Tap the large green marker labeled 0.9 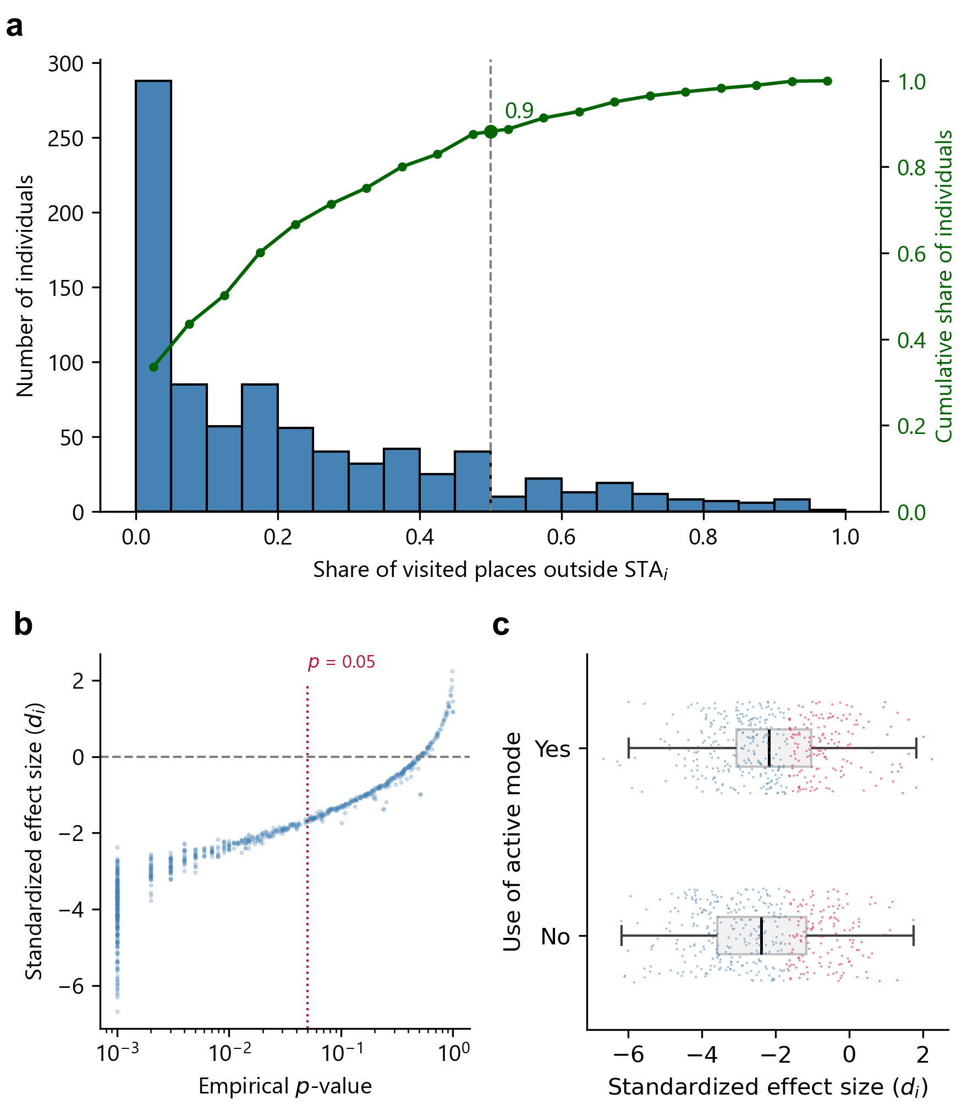pos(491,131)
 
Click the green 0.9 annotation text pos(519,111)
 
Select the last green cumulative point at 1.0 pos(827,81)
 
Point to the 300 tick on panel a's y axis pos(66,64)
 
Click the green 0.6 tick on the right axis pos(911,254)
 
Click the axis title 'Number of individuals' pos(25,286)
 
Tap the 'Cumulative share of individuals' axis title pos(944,286)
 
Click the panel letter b pos(23,625)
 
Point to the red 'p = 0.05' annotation pos(342,662)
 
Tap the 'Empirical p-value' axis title pos(285,1086)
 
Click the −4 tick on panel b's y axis pos(72,910)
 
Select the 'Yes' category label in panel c pos(552,749)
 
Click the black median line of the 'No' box pos(761,935)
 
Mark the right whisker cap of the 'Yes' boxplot pos(916,748)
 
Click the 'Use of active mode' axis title pos(512,842)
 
